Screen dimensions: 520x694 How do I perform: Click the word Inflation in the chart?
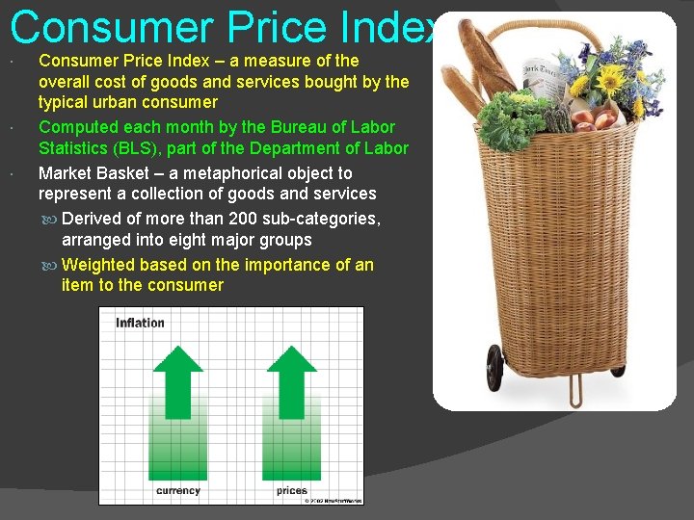(x=141, y=323)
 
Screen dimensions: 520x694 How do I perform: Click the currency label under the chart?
(x=178, y=490)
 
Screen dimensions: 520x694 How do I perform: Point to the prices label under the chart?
(x=291, y=490)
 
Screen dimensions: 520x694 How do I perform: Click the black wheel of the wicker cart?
(x=495, y=367)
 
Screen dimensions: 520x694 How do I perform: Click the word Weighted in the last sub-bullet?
(x=98, y=265)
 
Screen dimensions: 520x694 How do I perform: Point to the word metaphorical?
(x=184, y=173)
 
